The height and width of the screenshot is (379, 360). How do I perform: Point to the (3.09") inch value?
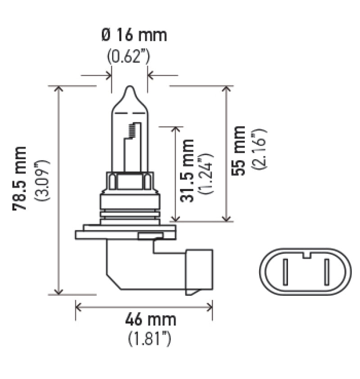click(x=45, y=179)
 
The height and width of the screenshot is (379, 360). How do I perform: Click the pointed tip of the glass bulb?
click(x=129, y=88)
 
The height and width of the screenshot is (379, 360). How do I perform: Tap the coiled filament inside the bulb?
click(x=132, y=130)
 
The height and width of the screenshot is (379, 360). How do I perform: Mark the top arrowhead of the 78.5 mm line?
click(x=58, y=89)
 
